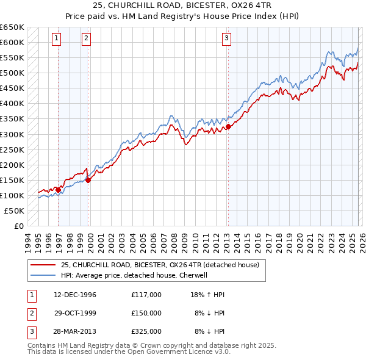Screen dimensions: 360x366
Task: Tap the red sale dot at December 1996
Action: coord(59,190)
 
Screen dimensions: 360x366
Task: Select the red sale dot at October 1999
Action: coord(88,180)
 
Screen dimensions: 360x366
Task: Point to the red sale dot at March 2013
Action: coord(228,126)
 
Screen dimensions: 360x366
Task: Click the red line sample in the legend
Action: coord(43,265)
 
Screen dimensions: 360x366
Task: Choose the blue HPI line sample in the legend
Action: coord(43,275)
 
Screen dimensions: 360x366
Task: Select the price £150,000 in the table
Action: coord(146,313)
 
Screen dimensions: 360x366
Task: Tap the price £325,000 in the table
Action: coord(146,331)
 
